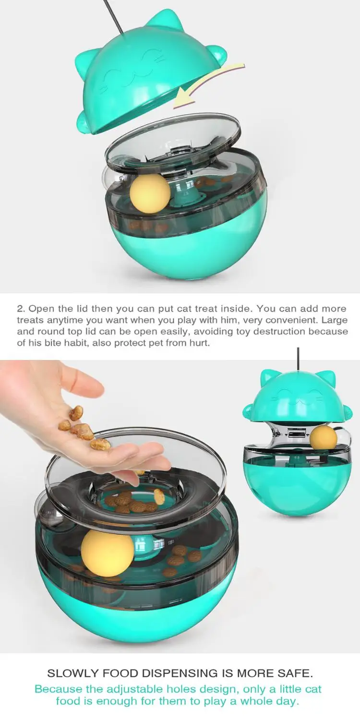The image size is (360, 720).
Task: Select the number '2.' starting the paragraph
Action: click(21, 309)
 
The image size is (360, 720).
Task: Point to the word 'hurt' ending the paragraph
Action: click(199, 343)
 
